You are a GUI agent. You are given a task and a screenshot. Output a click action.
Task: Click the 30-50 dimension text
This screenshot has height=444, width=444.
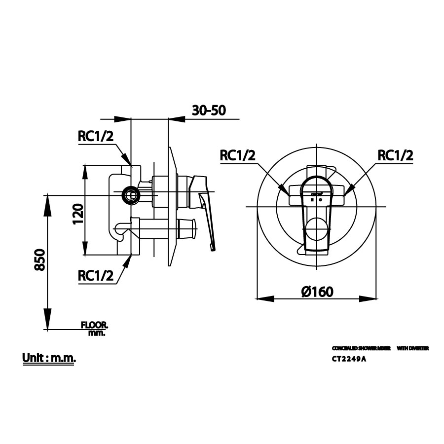[x=209, y=111]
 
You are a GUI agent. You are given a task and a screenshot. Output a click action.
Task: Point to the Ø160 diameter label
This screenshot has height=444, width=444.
[x=317, y=292]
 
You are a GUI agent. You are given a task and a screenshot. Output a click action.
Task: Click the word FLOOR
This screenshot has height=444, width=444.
[x=94, y=325]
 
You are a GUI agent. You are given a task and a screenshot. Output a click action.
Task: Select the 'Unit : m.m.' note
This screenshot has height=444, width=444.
[x=49, y=358]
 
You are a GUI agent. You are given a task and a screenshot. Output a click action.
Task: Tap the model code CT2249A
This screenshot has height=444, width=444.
[x=349, y=360]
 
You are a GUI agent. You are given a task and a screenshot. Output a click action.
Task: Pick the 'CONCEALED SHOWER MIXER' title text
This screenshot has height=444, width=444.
[x=361, y=348]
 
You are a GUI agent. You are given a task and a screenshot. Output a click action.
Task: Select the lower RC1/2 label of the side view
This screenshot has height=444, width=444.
[x=96, y=276]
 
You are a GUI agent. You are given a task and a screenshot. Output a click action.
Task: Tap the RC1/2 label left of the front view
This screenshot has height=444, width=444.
[x=238, y=155]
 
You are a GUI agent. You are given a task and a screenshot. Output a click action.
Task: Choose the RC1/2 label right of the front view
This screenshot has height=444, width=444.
[x=395, y=155]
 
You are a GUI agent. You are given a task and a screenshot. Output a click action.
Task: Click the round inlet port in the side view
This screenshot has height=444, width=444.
[x=131, y=196]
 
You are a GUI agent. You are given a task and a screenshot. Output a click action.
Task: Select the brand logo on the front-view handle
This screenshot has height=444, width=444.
[x=316, y=194]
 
